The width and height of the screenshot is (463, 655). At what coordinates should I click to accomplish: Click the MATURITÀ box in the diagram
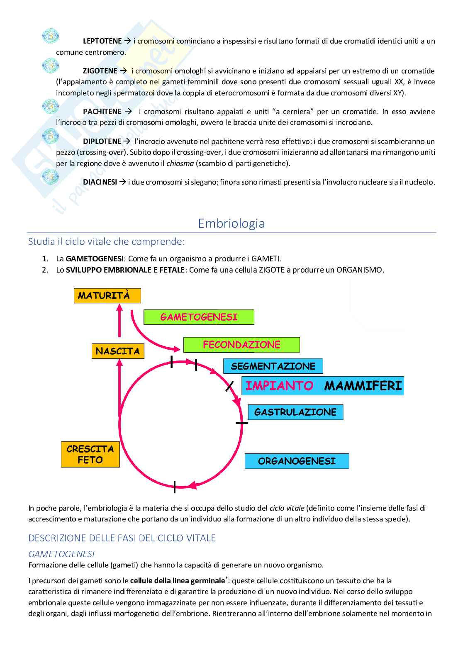[107, 296]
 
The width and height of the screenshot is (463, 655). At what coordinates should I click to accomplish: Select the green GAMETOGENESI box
[199, 317]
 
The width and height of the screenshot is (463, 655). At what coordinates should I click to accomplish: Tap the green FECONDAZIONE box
[241, 345]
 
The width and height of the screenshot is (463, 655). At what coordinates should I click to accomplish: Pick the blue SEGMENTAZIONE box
[273, 366]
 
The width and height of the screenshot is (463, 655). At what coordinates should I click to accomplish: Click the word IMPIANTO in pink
[279, 386]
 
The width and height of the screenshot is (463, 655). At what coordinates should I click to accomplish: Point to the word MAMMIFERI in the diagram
[363, 386]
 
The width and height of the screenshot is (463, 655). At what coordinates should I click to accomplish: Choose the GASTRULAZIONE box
[295, 412]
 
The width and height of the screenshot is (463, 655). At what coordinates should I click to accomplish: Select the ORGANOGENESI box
[297, 461]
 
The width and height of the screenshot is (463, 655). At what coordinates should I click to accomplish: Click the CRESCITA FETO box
[90, 454]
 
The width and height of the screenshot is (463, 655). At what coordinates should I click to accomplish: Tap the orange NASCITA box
[118, 351]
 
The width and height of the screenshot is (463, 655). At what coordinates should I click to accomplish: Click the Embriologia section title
[231, 224]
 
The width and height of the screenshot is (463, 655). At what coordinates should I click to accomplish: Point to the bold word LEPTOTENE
[102, 41]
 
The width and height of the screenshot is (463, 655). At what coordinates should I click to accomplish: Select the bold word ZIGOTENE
[100, 71]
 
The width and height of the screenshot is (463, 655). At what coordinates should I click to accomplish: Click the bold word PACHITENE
[102, 112]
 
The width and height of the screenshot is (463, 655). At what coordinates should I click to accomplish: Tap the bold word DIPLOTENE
[102, 141]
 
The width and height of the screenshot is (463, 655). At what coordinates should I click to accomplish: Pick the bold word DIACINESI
[100, 182]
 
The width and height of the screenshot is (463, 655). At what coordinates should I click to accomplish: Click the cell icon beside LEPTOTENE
[50, 37]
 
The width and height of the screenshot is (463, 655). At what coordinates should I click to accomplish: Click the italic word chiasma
[180, 163]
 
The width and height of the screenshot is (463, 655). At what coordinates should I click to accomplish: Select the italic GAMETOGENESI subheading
[61, 554]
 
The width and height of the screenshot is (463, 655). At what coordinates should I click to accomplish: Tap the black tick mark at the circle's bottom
[175, 487]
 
